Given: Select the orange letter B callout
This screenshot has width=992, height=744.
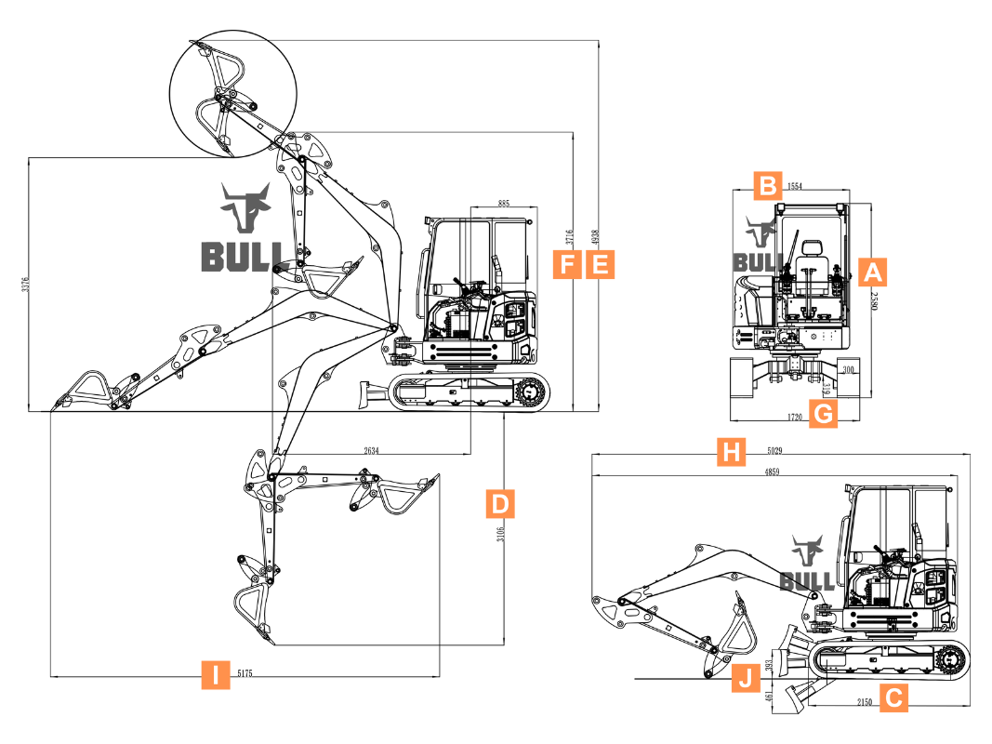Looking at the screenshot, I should [766, 185].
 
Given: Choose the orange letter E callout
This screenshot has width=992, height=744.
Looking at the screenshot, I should [601, 264].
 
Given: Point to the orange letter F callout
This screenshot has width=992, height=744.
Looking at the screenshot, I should [566, 264].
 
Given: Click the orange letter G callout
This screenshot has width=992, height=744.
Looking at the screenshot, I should [823, 413].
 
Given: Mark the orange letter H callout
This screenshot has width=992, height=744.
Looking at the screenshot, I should [733, 453].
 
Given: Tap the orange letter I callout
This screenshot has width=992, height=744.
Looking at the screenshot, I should [216, 673].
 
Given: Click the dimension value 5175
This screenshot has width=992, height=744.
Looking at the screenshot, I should [246, 672].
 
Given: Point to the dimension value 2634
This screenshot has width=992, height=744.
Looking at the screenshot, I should [371, 450].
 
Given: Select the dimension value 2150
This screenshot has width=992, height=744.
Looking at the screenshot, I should [864, 702].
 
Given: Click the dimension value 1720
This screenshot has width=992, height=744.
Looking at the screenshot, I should [794, 418].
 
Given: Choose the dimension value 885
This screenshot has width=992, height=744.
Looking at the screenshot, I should [503, 202].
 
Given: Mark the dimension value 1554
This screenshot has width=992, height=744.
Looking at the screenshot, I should [795, 186].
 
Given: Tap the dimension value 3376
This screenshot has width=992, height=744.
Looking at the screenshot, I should [26, 284].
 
